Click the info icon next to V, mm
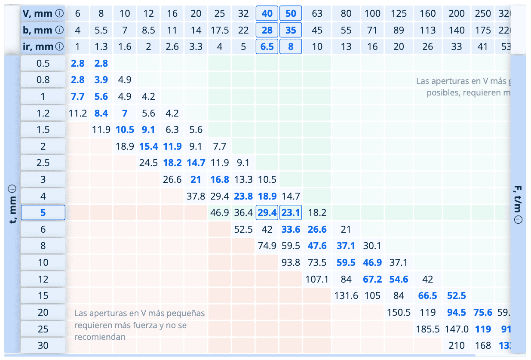click(60, 13)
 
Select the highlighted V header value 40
click(267, 13)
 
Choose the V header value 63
click(317, 13)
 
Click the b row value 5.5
click(101, 30)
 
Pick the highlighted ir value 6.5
click(267, 46)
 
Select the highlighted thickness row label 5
click(43, 212)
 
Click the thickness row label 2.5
click(43, 163)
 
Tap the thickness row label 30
click(43, 345)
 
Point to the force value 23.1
click(291, 212)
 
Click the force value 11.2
click(78, 113)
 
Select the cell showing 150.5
click(399, 312)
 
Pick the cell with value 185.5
click(427, 329)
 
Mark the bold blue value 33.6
click(291, 229)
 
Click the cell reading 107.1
click(317, 279)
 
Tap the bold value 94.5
click(456, 312)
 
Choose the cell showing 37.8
click(196, 196)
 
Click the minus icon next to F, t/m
click(518, 220)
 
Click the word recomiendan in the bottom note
click(100, 337)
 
